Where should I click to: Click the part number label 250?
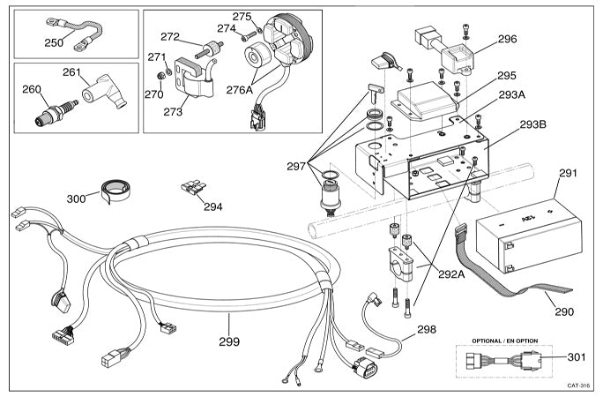(54, 41)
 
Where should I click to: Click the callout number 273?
(173, 112)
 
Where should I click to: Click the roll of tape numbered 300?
(113, 189)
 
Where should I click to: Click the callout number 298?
(427, 329)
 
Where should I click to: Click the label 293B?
(532, 124)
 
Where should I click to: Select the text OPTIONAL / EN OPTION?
(506, 340)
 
